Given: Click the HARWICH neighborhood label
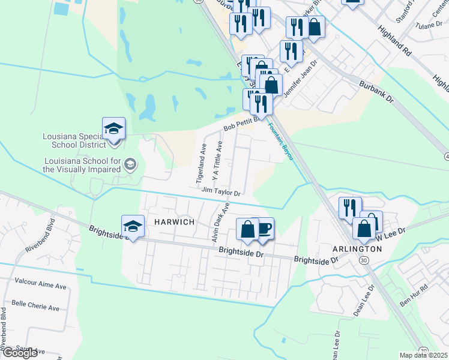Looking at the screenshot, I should [174, 222].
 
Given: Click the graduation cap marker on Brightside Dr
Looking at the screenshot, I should [133, 227].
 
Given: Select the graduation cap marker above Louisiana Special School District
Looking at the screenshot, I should [113, 129].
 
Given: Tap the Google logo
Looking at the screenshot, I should [20, 353].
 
